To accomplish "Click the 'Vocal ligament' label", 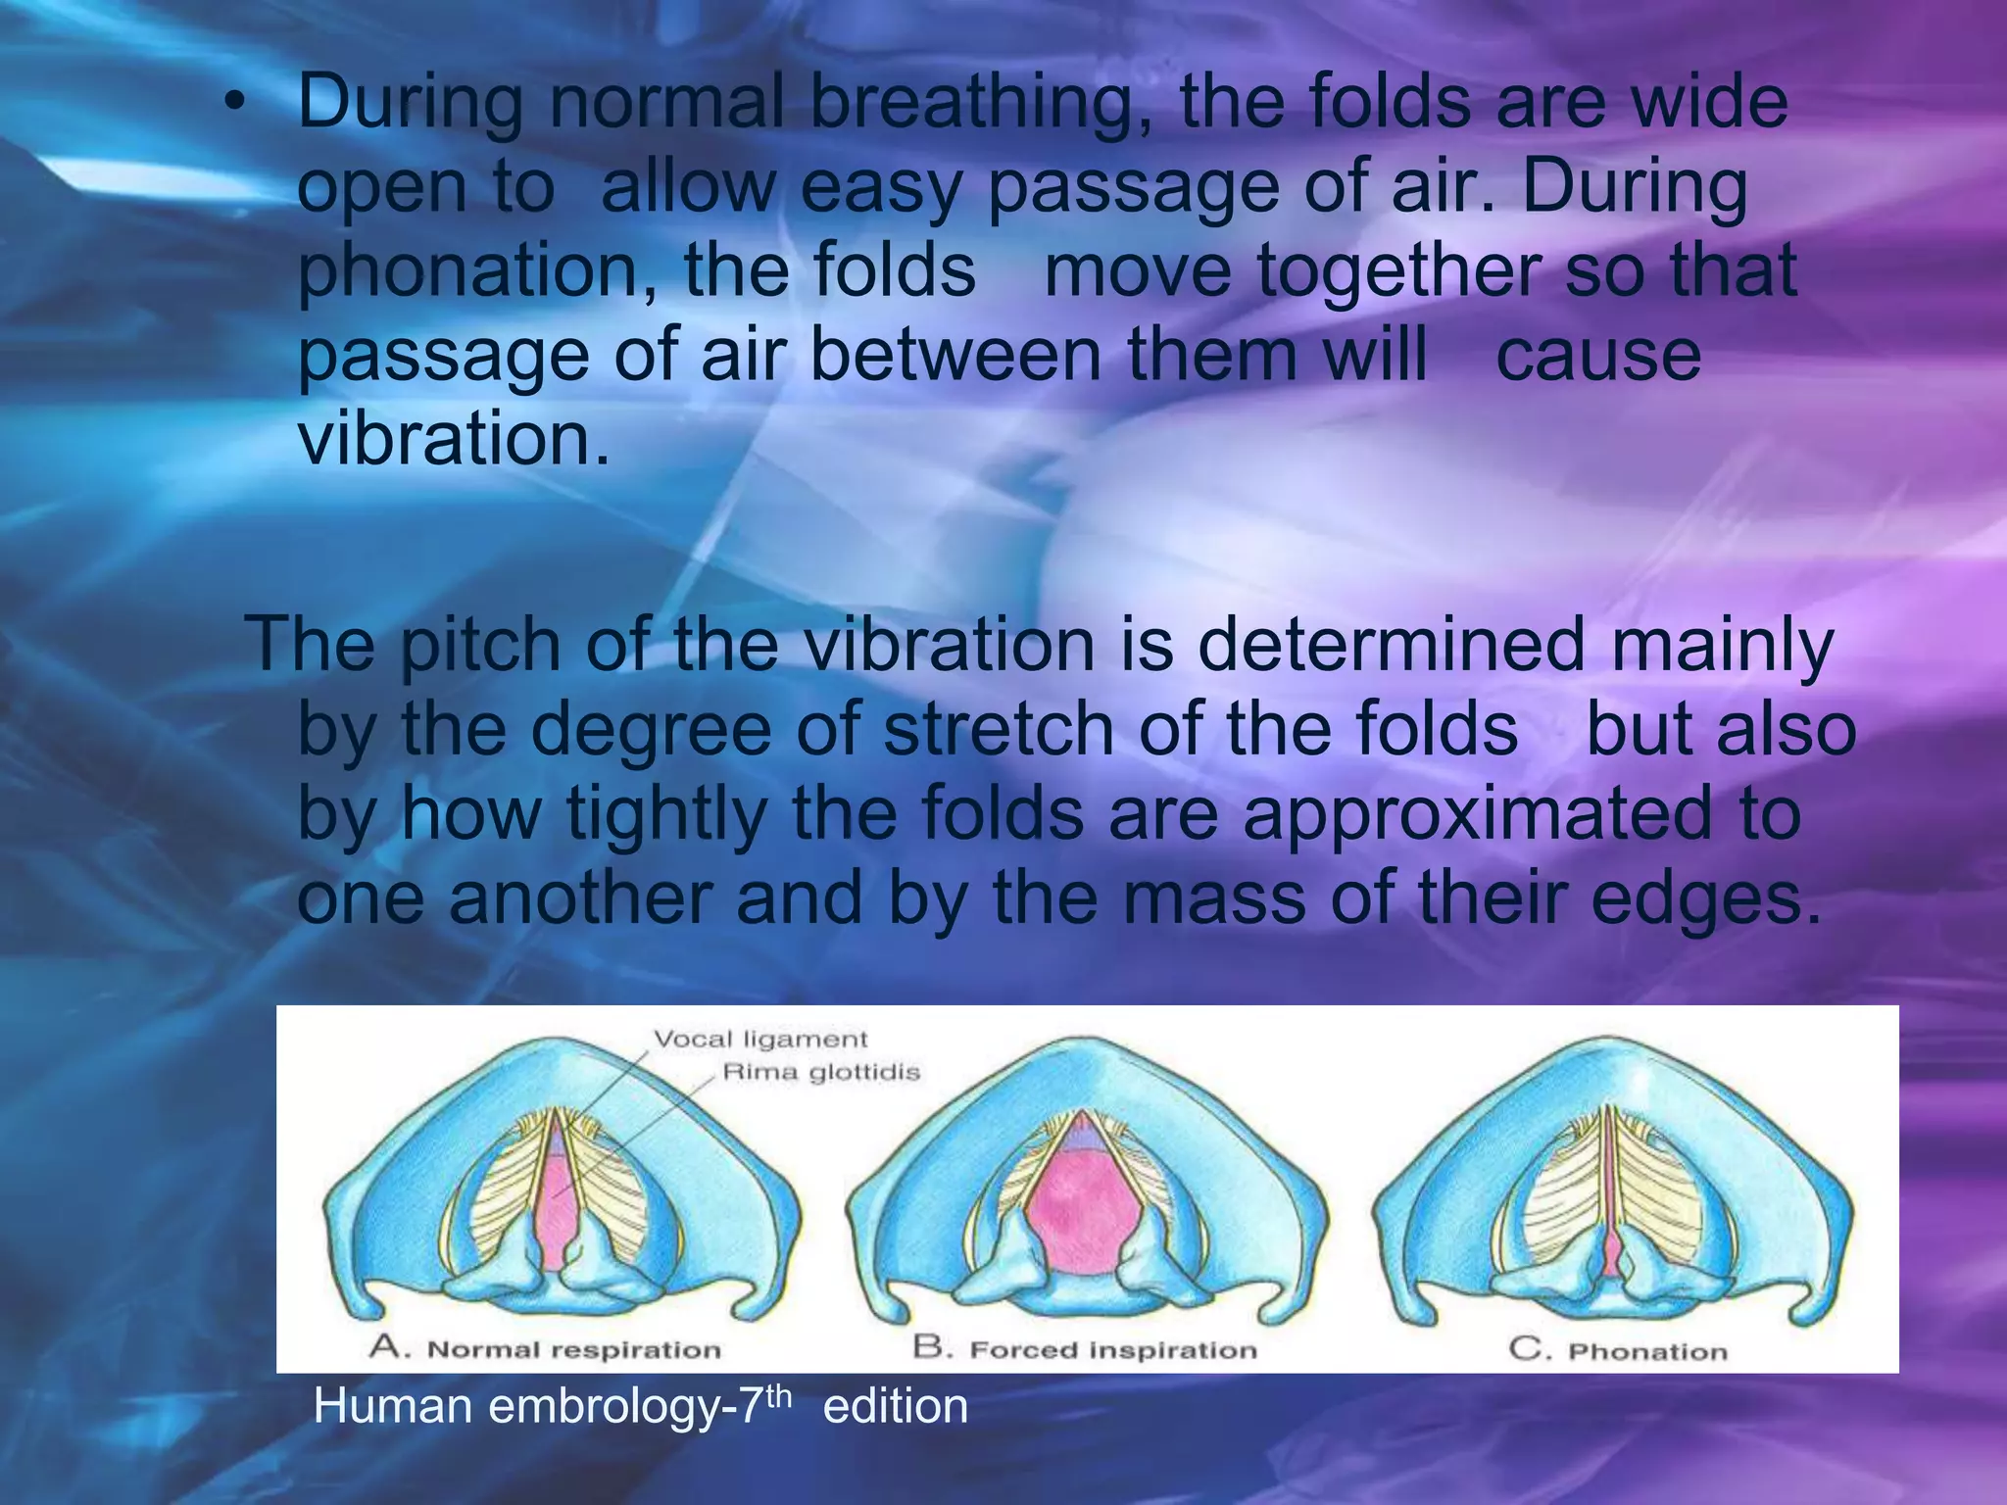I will coord(760,1039).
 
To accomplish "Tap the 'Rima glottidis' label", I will coord(821,1072).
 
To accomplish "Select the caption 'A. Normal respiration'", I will coord(545,1349).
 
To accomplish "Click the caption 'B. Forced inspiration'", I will coord(1085,1349).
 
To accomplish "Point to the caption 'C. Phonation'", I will coord(1618,1350).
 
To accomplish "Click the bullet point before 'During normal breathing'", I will coord(232,107).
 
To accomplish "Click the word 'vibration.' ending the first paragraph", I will coord(453,440).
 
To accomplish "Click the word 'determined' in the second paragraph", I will coord(1391,646).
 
